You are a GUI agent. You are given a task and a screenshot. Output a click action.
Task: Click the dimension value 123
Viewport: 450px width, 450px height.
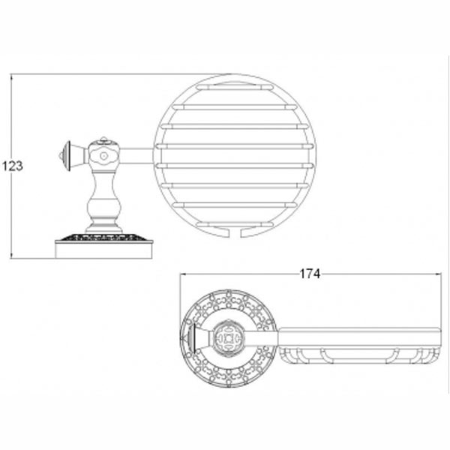[13, 166]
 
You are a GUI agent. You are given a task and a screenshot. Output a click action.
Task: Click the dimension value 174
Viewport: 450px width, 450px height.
[310, 274]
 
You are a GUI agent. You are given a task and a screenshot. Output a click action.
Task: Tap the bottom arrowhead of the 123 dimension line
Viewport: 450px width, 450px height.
[12, 256]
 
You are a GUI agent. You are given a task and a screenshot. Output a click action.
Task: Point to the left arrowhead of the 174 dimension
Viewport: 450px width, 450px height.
[183, 274]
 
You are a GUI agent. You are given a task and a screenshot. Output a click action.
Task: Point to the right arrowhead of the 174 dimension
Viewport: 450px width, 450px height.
[438, 274]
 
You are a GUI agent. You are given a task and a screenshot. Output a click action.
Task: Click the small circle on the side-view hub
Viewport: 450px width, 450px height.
[103, 157]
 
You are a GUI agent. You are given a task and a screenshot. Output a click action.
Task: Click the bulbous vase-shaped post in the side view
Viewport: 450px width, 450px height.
[104, 201]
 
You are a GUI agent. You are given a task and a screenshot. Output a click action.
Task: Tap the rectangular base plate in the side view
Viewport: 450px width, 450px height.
[103, 250]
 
